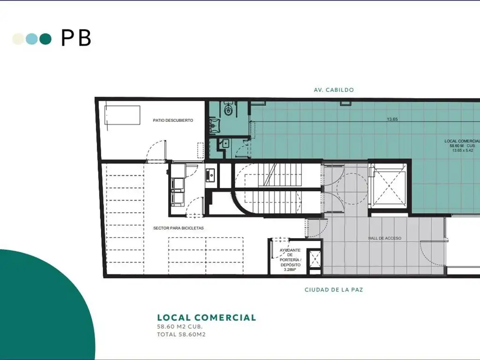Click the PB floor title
tap(76, 38)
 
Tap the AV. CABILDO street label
tap(334, 90)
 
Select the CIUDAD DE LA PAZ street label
tap(334, 290)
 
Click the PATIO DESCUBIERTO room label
tap(173, 120)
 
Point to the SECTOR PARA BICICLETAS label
tap(178, 228)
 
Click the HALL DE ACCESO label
tap(385, 238)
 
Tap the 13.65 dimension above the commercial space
tap(392, 120)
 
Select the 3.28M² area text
tap(290, 270)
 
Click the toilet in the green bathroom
tap(228, 109)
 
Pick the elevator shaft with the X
tap(389, 186)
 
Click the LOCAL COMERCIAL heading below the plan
tap(207, 317)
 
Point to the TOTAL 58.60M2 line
tap(181, 334)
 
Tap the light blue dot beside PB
tap(31, 39)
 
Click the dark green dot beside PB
tap(45, 39)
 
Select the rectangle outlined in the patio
tap(122, 115)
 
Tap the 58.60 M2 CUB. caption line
tap(180, 327)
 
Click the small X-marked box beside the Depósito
tap(315, 259)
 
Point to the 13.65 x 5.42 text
tap(463, 150)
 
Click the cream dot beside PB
tap(18, 39)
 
